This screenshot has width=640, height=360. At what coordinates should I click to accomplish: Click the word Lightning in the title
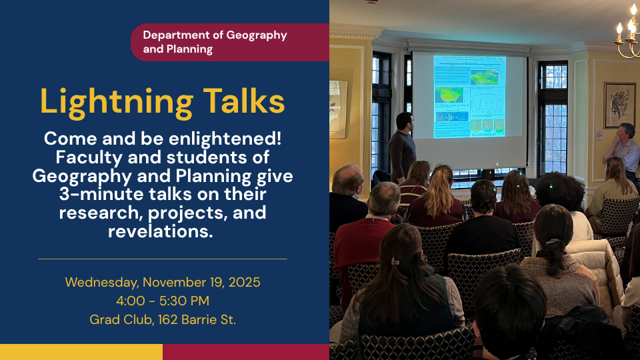coord(116,103)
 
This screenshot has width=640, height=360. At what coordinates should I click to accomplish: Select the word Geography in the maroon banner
coord(257,36)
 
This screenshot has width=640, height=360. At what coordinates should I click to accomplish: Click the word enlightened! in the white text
coord(225,139)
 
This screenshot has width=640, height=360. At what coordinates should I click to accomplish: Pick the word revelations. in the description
coord(161,231)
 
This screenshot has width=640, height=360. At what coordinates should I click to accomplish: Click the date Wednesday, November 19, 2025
coord(163,283)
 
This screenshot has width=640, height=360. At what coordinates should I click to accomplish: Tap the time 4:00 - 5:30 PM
coord(163,301)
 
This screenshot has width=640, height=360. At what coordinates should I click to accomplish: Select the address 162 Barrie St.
coord(197,319)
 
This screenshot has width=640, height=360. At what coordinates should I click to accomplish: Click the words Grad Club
coord(121,319)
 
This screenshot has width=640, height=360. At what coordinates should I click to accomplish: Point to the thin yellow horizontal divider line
coord(163,259)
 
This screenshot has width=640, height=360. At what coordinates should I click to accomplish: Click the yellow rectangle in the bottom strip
coord(81,352)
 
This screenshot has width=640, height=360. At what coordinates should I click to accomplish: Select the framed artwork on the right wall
coord(619,105)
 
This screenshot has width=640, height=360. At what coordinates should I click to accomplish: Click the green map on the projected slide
coord(449,95)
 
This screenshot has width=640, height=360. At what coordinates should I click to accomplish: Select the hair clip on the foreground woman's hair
coord(395,261)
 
